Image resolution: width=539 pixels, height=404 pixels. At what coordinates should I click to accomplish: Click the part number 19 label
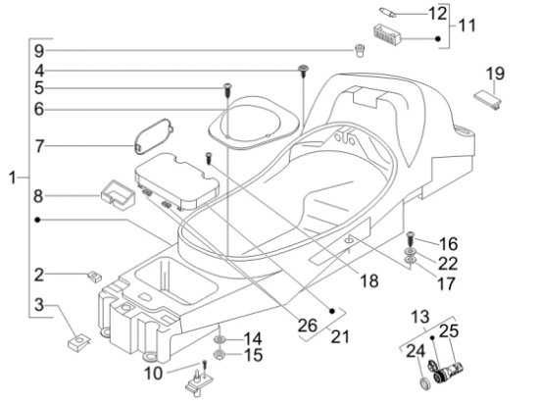tap(495, 74)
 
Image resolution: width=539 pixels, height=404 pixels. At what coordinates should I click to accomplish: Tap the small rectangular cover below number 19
tap(488, 99)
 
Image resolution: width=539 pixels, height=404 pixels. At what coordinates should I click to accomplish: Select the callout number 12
tap(438, 14)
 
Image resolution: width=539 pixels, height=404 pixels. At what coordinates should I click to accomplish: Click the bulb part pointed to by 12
tap(387, 12)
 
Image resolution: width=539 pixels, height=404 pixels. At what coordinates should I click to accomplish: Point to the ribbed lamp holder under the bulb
tap(387, 34)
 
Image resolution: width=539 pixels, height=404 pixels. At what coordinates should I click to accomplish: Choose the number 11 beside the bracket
tap(467, 25)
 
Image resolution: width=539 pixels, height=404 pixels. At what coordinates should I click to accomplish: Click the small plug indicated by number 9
tap(360, 50)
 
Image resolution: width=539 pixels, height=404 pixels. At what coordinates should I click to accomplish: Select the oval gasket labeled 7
tap(153, 136)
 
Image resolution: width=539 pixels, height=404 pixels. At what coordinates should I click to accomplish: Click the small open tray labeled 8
tap(117, 195)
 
